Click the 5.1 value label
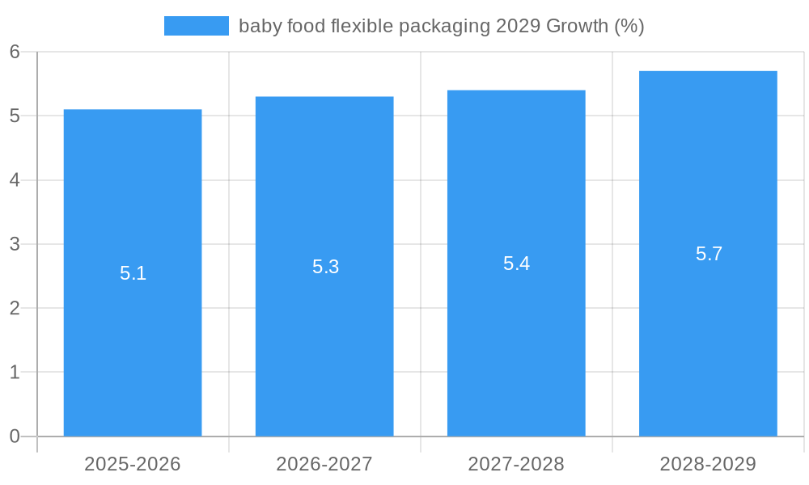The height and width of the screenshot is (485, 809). click(x=133, y=273)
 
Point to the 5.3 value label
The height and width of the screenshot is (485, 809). click(x=325, y=267)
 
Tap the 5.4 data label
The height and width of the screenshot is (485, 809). click(x=516, y=264)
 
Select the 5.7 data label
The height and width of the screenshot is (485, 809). click(x=709, y=254)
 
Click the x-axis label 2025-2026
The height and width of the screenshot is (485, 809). click(x=133, y=464)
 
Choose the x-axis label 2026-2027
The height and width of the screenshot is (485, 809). click(x=324, y=464)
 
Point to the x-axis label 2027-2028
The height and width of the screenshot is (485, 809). click(x=516, y=464)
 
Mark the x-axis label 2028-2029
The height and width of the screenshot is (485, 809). click(x=708, y=464)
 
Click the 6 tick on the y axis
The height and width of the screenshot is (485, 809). click(x=15, y=52)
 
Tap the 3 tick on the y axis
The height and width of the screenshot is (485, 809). click(x=15, y=244)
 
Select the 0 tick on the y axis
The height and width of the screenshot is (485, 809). click(x=15, y=436)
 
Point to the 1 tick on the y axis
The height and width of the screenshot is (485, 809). click(x=15, y=373)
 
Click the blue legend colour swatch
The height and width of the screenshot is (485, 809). click(x=197, y=26)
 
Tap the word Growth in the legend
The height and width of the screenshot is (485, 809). click(x=577, y=26)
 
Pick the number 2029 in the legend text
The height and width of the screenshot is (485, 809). click(x=519, y=26)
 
